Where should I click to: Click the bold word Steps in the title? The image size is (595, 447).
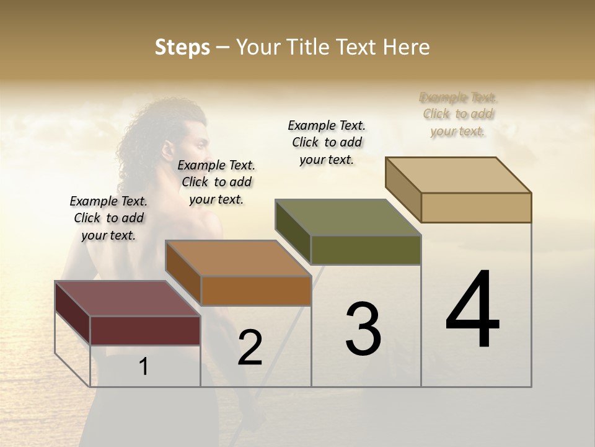[x=182, y=47]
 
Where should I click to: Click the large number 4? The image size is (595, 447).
[x=473, y=310]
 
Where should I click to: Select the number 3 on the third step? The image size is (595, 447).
[x=363, y=329]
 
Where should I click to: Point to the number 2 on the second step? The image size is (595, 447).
[x=250, y=348]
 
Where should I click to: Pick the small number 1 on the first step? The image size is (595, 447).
[x=144, y=366]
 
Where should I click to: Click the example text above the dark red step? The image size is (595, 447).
[x=108, y=218]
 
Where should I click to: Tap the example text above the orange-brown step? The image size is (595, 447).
[x=216, y=182]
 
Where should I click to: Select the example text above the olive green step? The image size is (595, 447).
[x=327, y=142]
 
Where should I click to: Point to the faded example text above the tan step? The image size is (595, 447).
[x=458, y=114]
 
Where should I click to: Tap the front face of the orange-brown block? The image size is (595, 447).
[x=256, y=291]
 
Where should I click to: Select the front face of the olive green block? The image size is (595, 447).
[x=366, y=250]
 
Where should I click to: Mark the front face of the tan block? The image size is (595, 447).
[x=476, y=207]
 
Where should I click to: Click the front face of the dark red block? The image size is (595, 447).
[x=145, y=330]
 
